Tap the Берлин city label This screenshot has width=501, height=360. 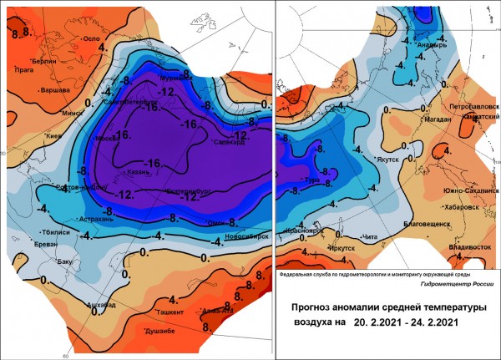tap(45, 63)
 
